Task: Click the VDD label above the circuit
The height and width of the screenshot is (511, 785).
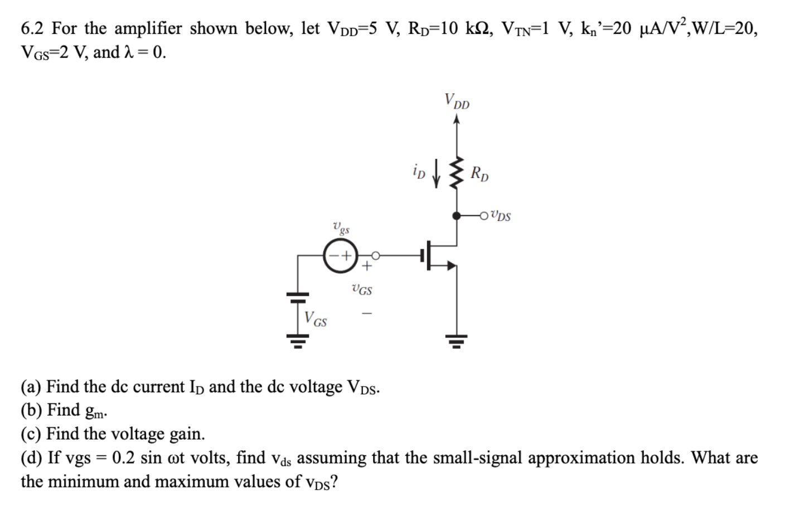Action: pos(457,102)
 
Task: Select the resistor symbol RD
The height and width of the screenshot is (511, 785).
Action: pos(457,173)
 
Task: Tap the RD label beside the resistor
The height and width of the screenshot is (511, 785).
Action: pos(480,174)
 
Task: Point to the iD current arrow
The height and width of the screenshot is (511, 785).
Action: pos(438,173)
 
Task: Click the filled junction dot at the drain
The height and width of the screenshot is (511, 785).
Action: pos(457,215)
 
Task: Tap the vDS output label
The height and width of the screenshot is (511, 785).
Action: pos(500,216)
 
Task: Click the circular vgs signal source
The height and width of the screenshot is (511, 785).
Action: pos(338,256)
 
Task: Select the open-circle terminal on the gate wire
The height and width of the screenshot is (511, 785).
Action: pos(376,255)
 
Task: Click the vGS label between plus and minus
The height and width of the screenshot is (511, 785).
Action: pos(362,290)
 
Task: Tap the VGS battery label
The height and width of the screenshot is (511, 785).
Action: pos(316,319)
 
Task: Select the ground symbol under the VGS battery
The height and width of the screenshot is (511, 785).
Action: pos(298,339)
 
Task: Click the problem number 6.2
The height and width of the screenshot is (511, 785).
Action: pos(33,29)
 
